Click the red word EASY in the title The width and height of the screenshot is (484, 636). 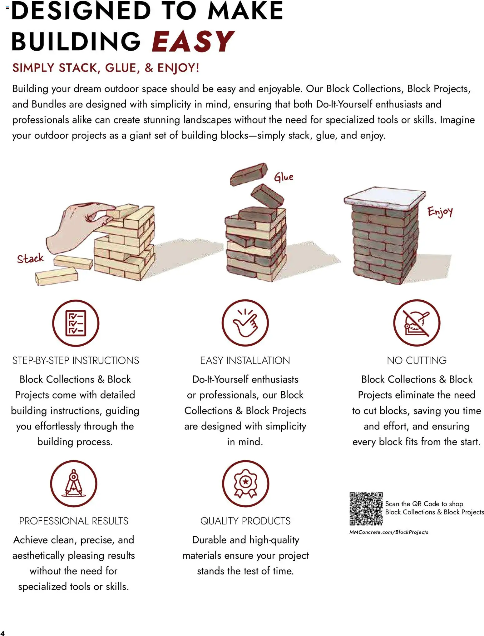pos(193,42)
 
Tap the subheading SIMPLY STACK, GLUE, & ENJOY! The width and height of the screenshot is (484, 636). pos(106,68)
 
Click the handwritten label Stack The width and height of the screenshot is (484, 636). pos(30,258)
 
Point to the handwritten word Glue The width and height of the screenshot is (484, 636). pos(284,177)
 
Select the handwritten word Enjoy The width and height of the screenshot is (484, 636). pos(440,212)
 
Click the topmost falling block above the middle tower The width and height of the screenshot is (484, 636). pos(249,174)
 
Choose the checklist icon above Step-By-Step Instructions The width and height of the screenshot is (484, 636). pos(76,323)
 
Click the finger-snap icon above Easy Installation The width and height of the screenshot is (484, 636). pos(245,323)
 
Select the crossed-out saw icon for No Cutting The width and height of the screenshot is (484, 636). pos(417,323)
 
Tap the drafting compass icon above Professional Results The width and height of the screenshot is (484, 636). pos(74,483)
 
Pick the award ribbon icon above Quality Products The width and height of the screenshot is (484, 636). pos(245,483)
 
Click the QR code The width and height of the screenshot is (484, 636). pos(366,509)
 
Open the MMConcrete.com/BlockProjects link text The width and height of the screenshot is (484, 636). pos(389,532)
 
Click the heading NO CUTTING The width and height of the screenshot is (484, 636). pos(417,360)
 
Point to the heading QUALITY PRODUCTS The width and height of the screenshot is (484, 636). pos(245,521)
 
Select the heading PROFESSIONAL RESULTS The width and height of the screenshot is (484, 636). pos(74,521)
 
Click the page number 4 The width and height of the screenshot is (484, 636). pos(2,633)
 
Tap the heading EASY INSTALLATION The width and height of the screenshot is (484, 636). pos(245,360)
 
